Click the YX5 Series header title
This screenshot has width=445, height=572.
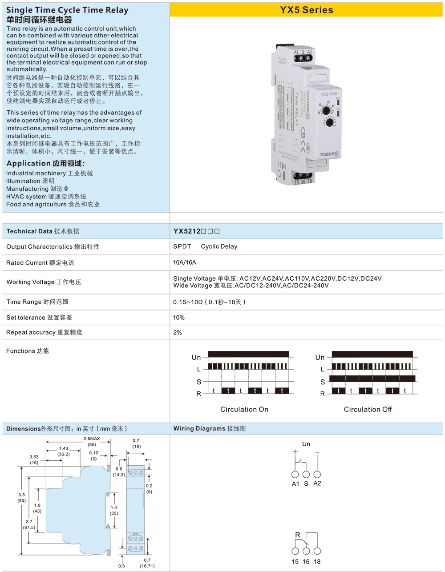tap(306, 10)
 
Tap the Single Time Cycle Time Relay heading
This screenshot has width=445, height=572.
tap(67, 10)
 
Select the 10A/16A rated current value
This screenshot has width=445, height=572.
tap(185, 262)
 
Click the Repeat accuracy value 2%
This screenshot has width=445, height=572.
tap(178, 332)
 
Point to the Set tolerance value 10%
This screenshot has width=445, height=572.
tap(179, 318)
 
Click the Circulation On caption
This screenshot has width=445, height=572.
tap(244, 409)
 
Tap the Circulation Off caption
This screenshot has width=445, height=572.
tap(368, 409)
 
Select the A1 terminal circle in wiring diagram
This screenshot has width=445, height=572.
tap(295, 475)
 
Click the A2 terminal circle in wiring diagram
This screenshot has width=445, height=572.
tap(317, 475)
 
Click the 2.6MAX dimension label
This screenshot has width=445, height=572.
tap(92, 439)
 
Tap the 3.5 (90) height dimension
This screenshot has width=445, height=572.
tap(22, 497)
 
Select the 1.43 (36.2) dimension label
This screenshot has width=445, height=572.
tap(64, 451)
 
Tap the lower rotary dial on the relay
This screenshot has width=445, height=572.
tap(330, 123)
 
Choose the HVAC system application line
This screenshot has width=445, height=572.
tap(46, 197)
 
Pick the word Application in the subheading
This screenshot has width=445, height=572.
tap(28, 163)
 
